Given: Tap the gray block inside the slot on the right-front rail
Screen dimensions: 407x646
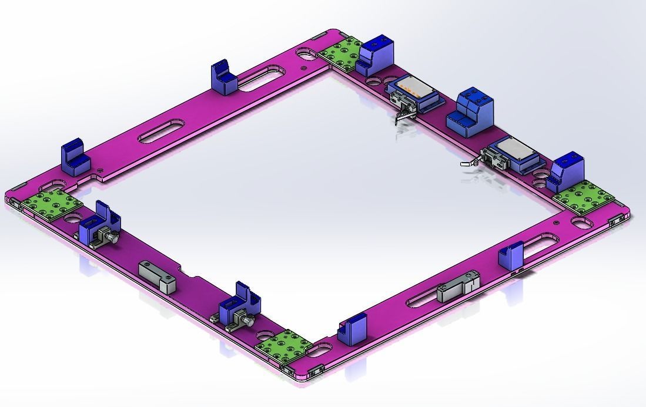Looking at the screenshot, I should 458,289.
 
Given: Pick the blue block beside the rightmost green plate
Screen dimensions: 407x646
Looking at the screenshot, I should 565,170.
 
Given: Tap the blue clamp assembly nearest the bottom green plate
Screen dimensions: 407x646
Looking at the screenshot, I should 239,310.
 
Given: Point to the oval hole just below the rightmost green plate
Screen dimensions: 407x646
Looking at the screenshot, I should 581,223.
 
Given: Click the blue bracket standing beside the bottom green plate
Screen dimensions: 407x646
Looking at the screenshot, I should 352,329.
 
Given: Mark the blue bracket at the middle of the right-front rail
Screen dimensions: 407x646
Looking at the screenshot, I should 510,255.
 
